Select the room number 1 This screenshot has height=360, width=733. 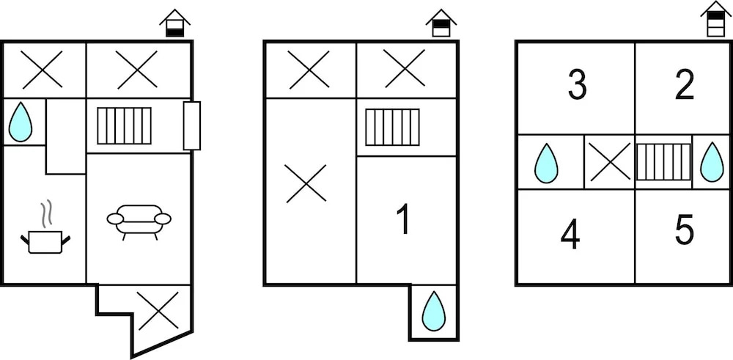402,221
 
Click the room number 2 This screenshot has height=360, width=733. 684,86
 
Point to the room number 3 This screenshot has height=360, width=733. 577,86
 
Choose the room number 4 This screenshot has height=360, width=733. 570,235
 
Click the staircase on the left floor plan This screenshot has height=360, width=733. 125,126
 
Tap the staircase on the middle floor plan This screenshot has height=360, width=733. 392,127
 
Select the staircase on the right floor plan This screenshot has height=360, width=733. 663,162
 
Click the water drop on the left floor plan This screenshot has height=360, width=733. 21,122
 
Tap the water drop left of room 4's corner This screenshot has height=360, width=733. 546,163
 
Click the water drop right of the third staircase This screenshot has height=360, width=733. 711,162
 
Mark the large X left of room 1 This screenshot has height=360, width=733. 306,183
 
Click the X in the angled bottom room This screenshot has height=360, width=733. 158,311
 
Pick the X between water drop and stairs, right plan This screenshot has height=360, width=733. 610,162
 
